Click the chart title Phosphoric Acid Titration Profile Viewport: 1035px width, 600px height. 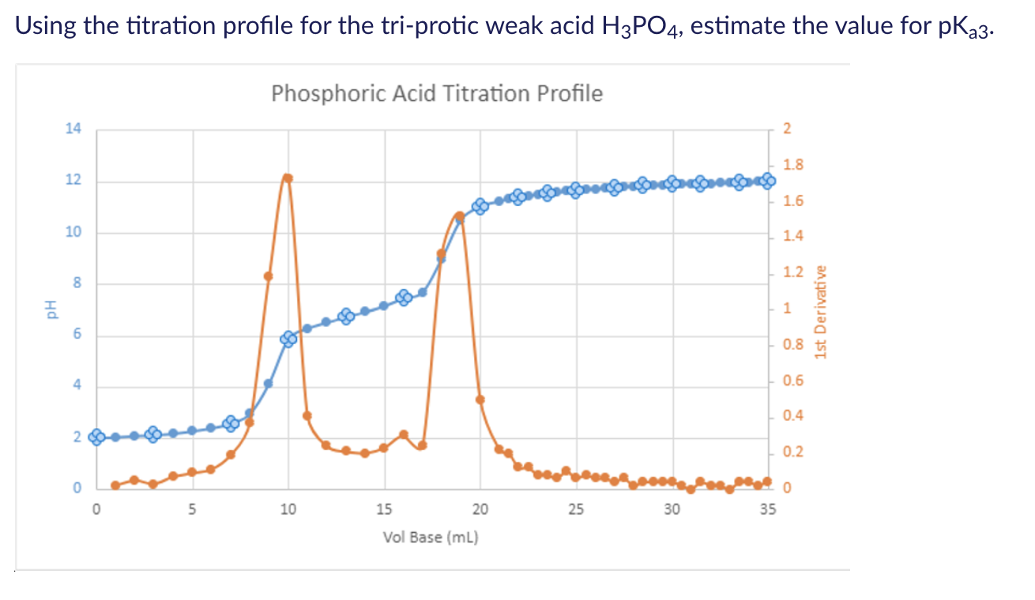[436, 94]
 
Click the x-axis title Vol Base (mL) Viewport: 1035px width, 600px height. [431, 538]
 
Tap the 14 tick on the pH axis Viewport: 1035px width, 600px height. [73, 129]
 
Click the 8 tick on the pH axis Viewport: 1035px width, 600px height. [77, 283]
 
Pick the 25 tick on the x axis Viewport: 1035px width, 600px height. [576, 509]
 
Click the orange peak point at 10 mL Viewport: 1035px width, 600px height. [288, 178]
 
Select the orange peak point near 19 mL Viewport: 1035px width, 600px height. [459, 216]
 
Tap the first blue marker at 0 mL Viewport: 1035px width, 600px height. [96, 437]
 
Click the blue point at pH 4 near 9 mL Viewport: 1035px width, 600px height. [269, 384]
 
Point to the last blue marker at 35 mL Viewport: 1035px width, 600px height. [768, 180]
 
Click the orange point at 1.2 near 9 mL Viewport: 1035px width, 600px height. [269, 276]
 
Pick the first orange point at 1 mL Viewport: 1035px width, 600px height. [115, 485]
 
